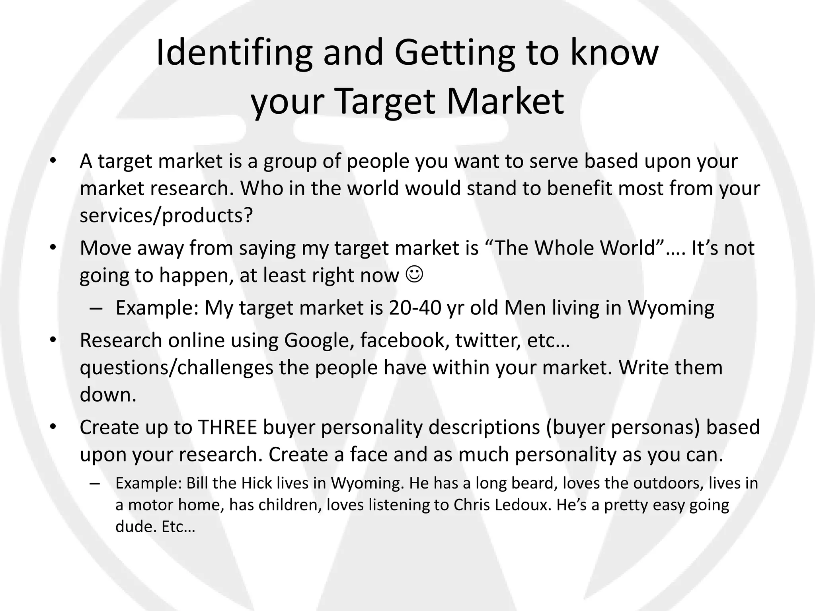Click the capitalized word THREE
click(x=228, y=427)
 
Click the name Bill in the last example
click(x=197, y=483)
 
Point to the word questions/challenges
click(x=176, y=368)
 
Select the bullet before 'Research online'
click(x=53, y=341)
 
